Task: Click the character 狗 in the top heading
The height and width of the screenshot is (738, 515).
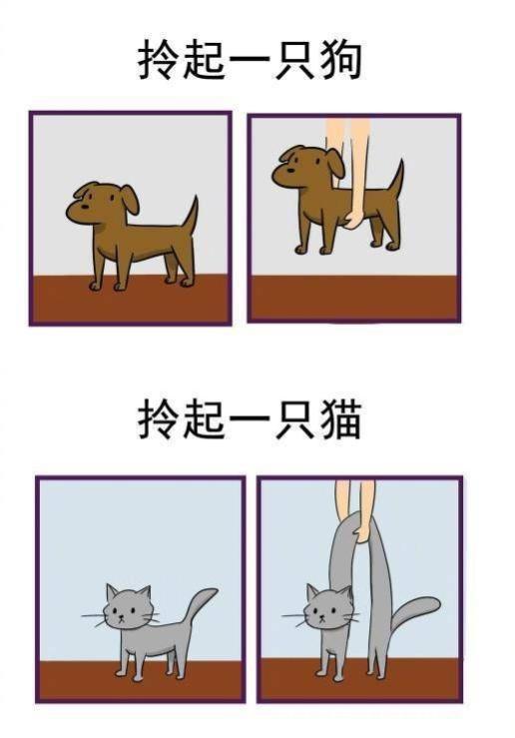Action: tap(339, 61)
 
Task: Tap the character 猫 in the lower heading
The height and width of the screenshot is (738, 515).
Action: tap(339, 422)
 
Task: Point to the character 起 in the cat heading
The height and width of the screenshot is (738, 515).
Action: tap(205, 422)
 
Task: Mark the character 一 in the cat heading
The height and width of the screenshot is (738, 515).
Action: tap(250, 422)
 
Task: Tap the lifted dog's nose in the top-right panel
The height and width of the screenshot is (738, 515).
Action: tap(276, 177)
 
